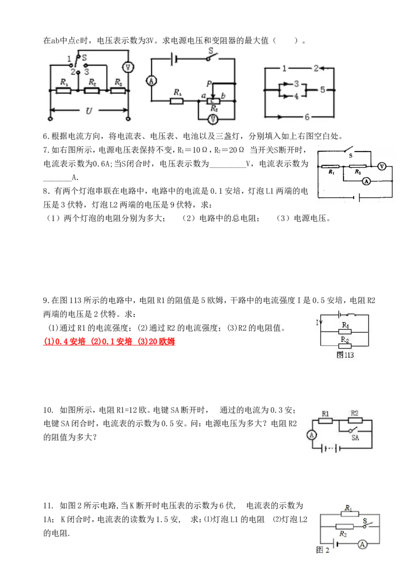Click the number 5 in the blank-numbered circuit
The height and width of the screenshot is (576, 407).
tap(322, 90)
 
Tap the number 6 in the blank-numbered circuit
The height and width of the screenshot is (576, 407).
tap(307, 117)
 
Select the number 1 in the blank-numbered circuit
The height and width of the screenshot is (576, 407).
tap(284, 68)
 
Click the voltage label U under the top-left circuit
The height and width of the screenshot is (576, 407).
tap(89, 110)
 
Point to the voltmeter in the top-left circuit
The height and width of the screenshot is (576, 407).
tap(128, 67)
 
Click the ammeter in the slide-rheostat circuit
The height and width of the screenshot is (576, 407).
tap(152, 81)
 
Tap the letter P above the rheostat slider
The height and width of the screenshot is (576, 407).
tap(209, 84)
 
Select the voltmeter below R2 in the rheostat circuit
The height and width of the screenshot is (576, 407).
tap(213, 119)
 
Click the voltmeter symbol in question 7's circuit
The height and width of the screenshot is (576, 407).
tap(382, 166)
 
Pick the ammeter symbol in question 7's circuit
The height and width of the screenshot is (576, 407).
tap(366, 181)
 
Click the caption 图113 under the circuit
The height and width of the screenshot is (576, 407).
tap(345, 355)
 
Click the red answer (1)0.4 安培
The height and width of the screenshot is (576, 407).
tap(65, 341)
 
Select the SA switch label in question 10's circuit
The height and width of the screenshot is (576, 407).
tap(355, 438)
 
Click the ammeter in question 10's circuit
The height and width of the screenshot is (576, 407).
tap(311, 435)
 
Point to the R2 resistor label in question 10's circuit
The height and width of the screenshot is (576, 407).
tap(355, 413)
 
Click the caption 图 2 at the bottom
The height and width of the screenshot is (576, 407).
tap(323, 550)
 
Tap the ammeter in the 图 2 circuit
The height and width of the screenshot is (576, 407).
tap(363, 544)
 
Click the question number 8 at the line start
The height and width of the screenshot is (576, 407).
tap(46, 191)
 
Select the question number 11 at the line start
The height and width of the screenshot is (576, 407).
tap(48, 506)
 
